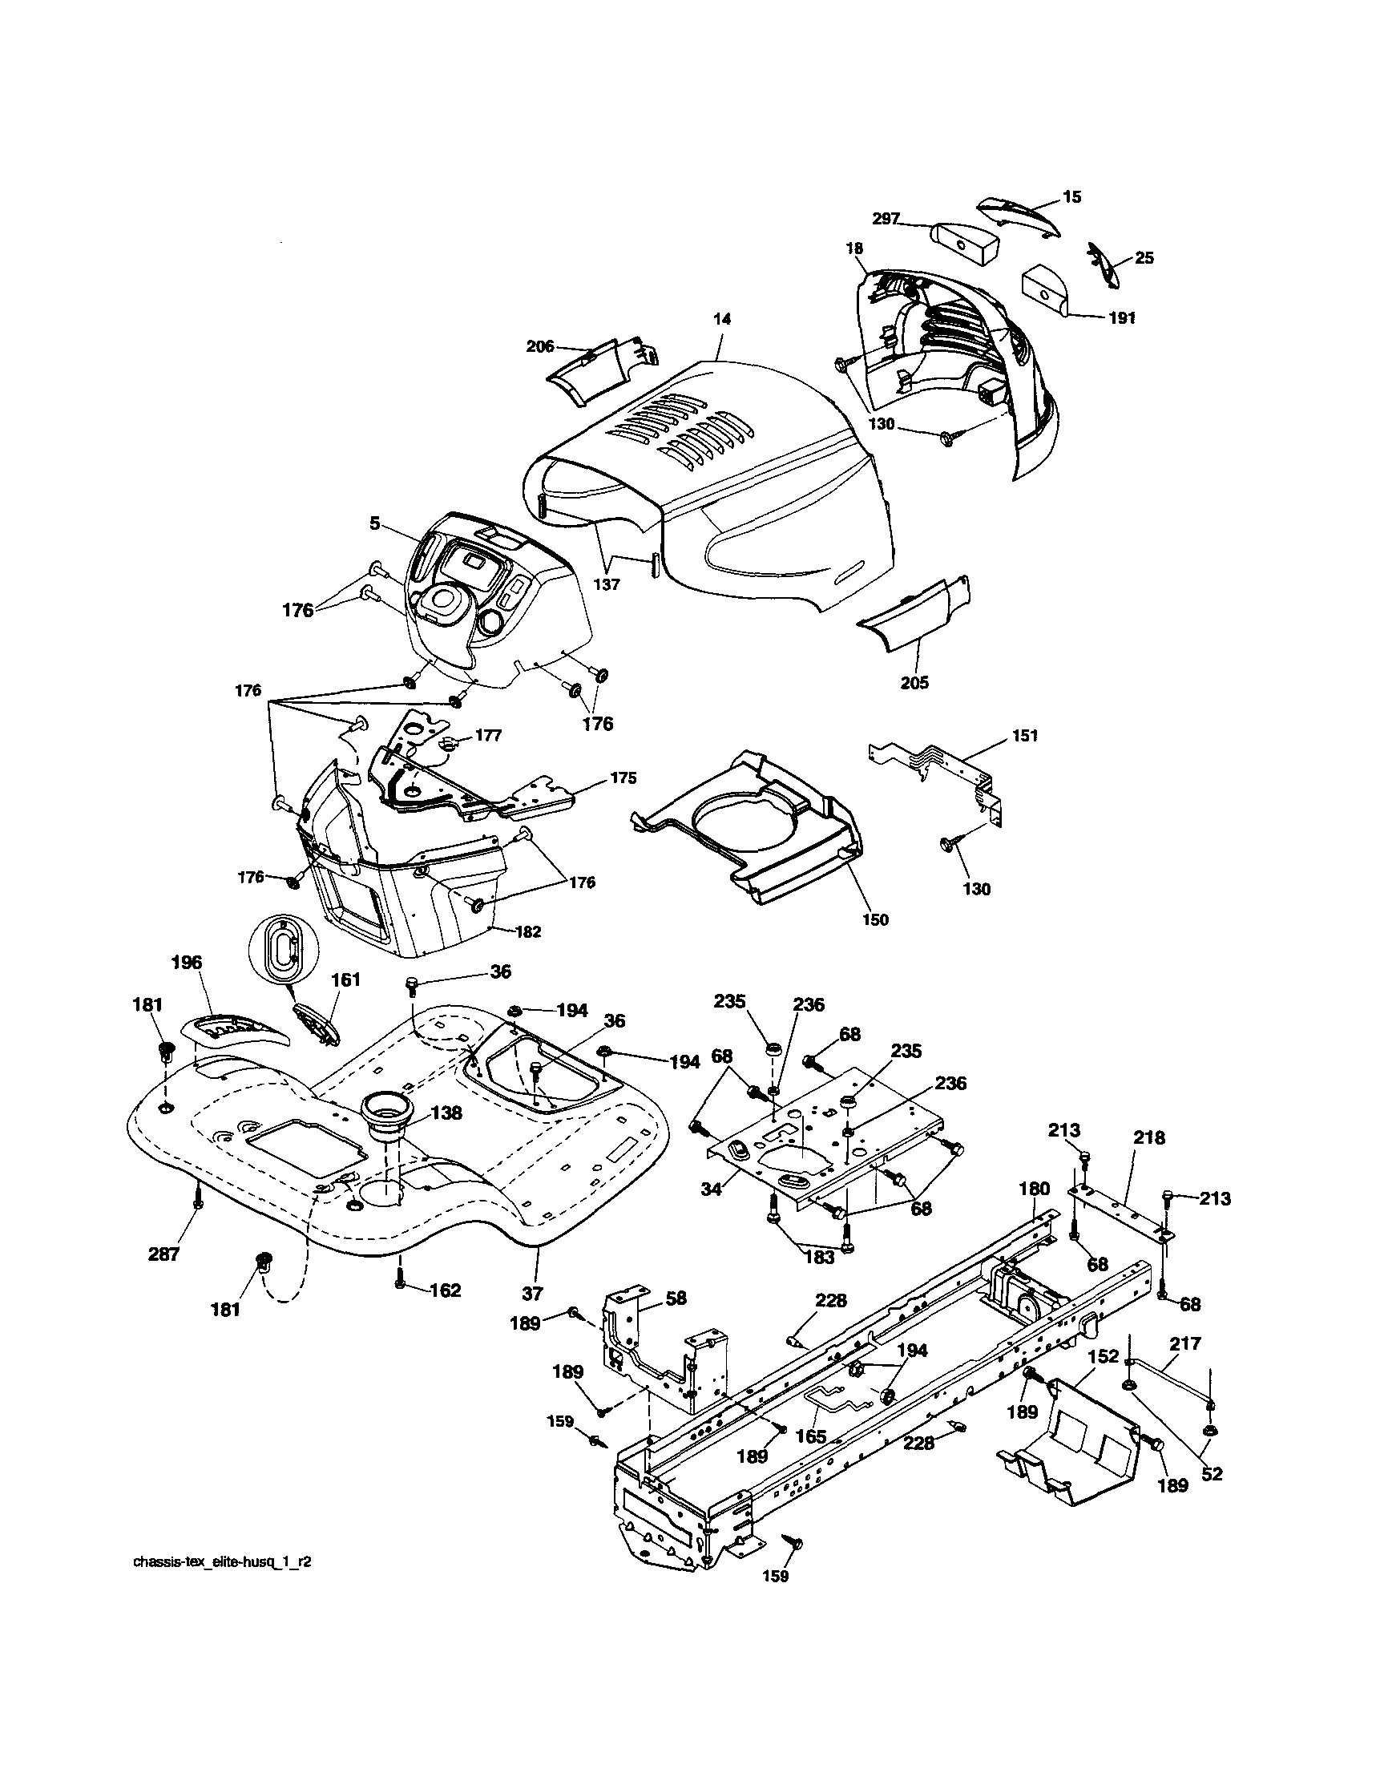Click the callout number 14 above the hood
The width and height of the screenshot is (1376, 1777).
coord(722,320)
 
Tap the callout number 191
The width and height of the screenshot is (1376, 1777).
coord(1121,318)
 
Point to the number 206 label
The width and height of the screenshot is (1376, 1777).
coord(540,346)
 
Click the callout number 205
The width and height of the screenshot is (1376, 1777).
coord(914,683)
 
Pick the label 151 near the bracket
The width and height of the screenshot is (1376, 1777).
coord(1025,736)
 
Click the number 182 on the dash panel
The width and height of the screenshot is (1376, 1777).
coord(528,932)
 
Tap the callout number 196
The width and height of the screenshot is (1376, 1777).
coord(187,963)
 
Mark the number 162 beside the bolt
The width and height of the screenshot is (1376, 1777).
coord(445,1290)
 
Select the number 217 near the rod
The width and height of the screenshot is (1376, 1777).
coord(1184,1343)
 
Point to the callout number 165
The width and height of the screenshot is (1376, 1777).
coord(810,1437)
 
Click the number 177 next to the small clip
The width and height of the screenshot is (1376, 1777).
coord(488,736)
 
